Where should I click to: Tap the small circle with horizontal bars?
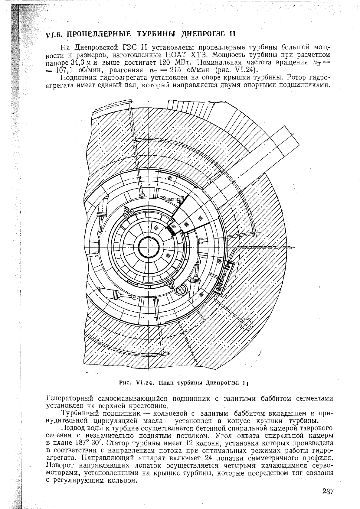coord(181,289)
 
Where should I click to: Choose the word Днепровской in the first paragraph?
coord(96,47)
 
